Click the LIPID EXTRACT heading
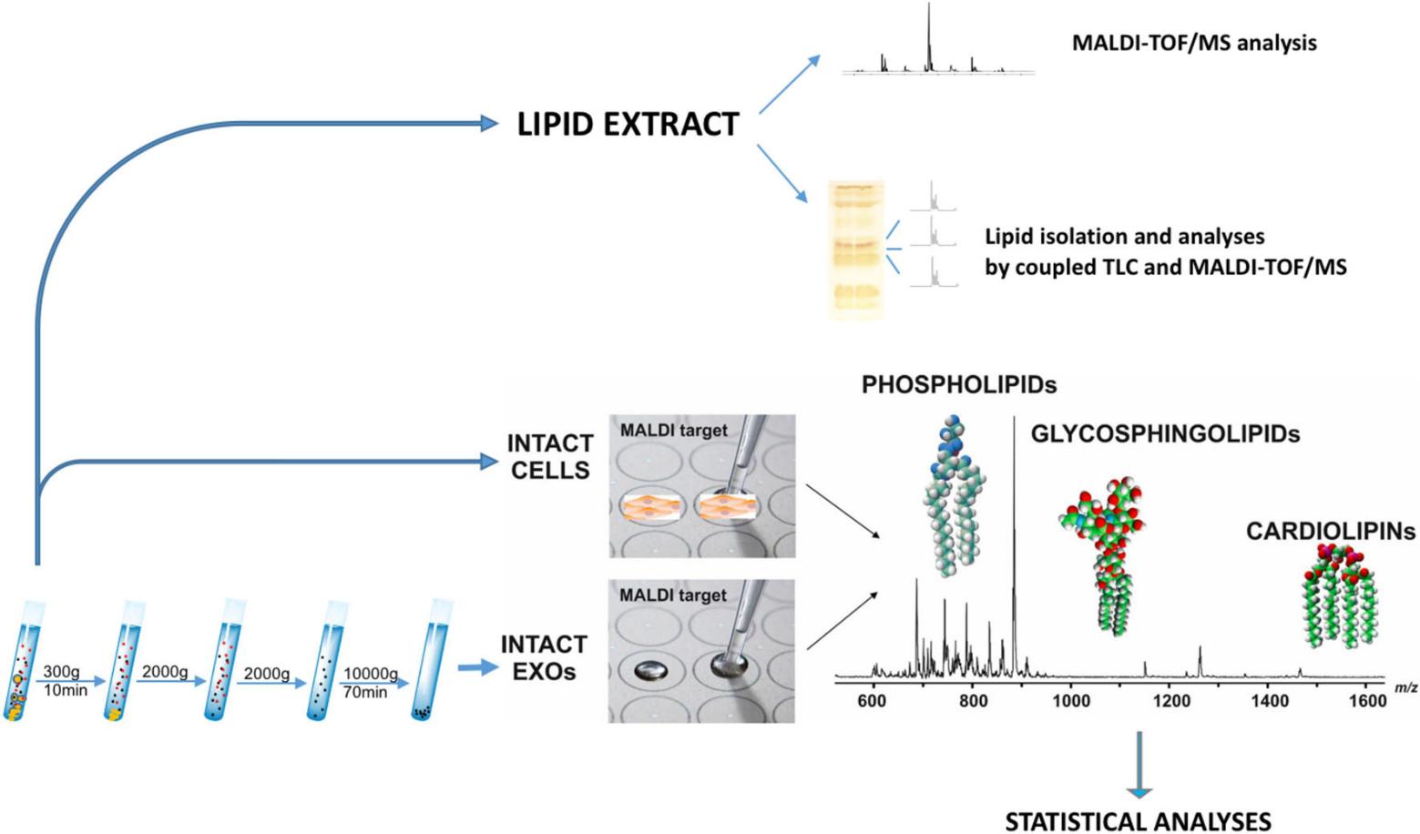pyautogui.click(x=628, y=125)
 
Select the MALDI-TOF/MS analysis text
pyautogui.click(x=1193, y=43)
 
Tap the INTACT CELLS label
pyautogui.click(x=550, y=457)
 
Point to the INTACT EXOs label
pyautogui.click(x=543, y=658)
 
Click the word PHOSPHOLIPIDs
pyautogui.click(x=958, y=385)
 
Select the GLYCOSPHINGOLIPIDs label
pyautogui.click(x=1164, y=434)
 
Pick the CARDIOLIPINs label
pyautogui.click(x=1330, y=532)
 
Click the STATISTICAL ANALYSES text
pyautogui.click(x=1138, y=821)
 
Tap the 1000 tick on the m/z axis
pyautogui.click(x=1071, y=701)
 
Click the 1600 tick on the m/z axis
pyautogui.click(x=1367, y=701)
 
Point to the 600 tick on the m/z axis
pyautogui.click(x=872, y=701)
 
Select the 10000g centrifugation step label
pyautogui.click(x=370, y=674)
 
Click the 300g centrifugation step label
pyautogui.click(x=61, y=672)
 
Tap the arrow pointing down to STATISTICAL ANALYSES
pyautogui.click(x=1139, y=765)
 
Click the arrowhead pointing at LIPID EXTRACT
pyautogui.click(x=489, y=124)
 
